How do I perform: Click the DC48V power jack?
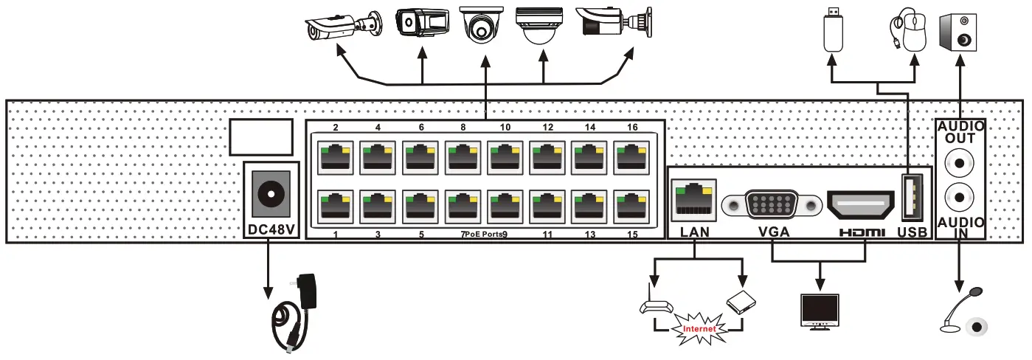[x=270, y=194]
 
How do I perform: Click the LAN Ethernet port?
[x=693, y=198]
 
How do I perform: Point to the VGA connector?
[x=772, y=204]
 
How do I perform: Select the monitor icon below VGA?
[x=820, y=310]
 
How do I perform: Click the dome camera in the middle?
[x=482, y=28]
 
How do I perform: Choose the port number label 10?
[x=505, y=128]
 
